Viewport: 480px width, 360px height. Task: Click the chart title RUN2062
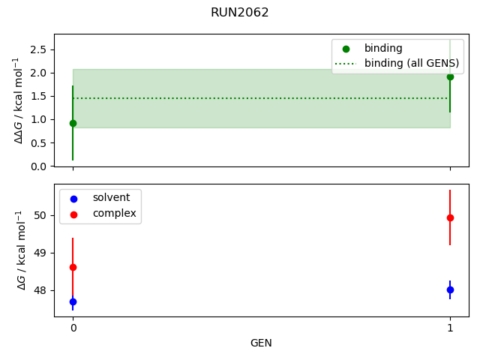(240, 13)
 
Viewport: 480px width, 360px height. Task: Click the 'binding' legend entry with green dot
(383, 48)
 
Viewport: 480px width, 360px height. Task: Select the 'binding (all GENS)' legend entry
(411, 63)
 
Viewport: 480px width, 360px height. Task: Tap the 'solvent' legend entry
(111, 198)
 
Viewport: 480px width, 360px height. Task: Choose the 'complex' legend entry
(114, 213)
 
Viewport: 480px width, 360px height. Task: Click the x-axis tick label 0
(73, 328)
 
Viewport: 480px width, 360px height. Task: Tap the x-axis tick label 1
(450, 328)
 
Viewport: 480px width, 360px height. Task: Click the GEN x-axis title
(261, 343)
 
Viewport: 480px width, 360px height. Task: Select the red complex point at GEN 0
(73, 267)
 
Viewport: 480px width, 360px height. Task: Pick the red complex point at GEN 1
(450, 217)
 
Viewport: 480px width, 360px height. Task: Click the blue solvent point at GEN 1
(450, 289)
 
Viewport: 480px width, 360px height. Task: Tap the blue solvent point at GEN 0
(73, 301)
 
